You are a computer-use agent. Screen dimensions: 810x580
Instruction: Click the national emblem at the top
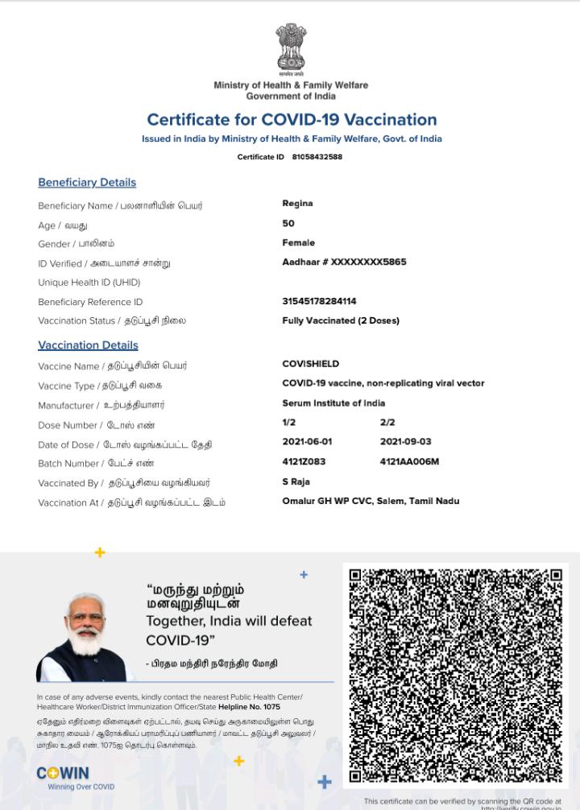291,48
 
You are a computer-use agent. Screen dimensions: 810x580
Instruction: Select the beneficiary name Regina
297,204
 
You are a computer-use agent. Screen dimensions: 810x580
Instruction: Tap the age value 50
288,224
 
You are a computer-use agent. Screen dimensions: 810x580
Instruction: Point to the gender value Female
298,243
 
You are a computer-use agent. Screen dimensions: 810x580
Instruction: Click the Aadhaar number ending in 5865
344,262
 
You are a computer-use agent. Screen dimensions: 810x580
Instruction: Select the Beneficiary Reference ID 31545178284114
319,301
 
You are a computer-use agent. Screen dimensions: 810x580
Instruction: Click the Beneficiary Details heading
87,183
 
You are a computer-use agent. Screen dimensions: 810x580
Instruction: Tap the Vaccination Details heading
88,345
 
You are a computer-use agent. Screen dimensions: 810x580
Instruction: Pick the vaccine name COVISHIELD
310,364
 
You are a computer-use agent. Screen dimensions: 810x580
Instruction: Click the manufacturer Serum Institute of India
333,403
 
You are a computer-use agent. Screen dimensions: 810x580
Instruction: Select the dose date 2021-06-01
307,442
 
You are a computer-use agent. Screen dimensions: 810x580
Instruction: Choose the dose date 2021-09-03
405,442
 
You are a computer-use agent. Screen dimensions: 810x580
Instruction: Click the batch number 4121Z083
304,462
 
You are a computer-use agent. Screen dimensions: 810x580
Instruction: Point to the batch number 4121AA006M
409,462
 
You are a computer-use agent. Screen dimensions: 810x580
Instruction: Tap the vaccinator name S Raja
296,481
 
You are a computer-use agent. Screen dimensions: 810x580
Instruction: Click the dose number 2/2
387,423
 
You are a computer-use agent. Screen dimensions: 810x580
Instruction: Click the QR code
455,675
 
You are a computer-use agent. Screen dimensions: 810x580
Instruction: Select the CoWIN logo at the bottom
63,774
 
